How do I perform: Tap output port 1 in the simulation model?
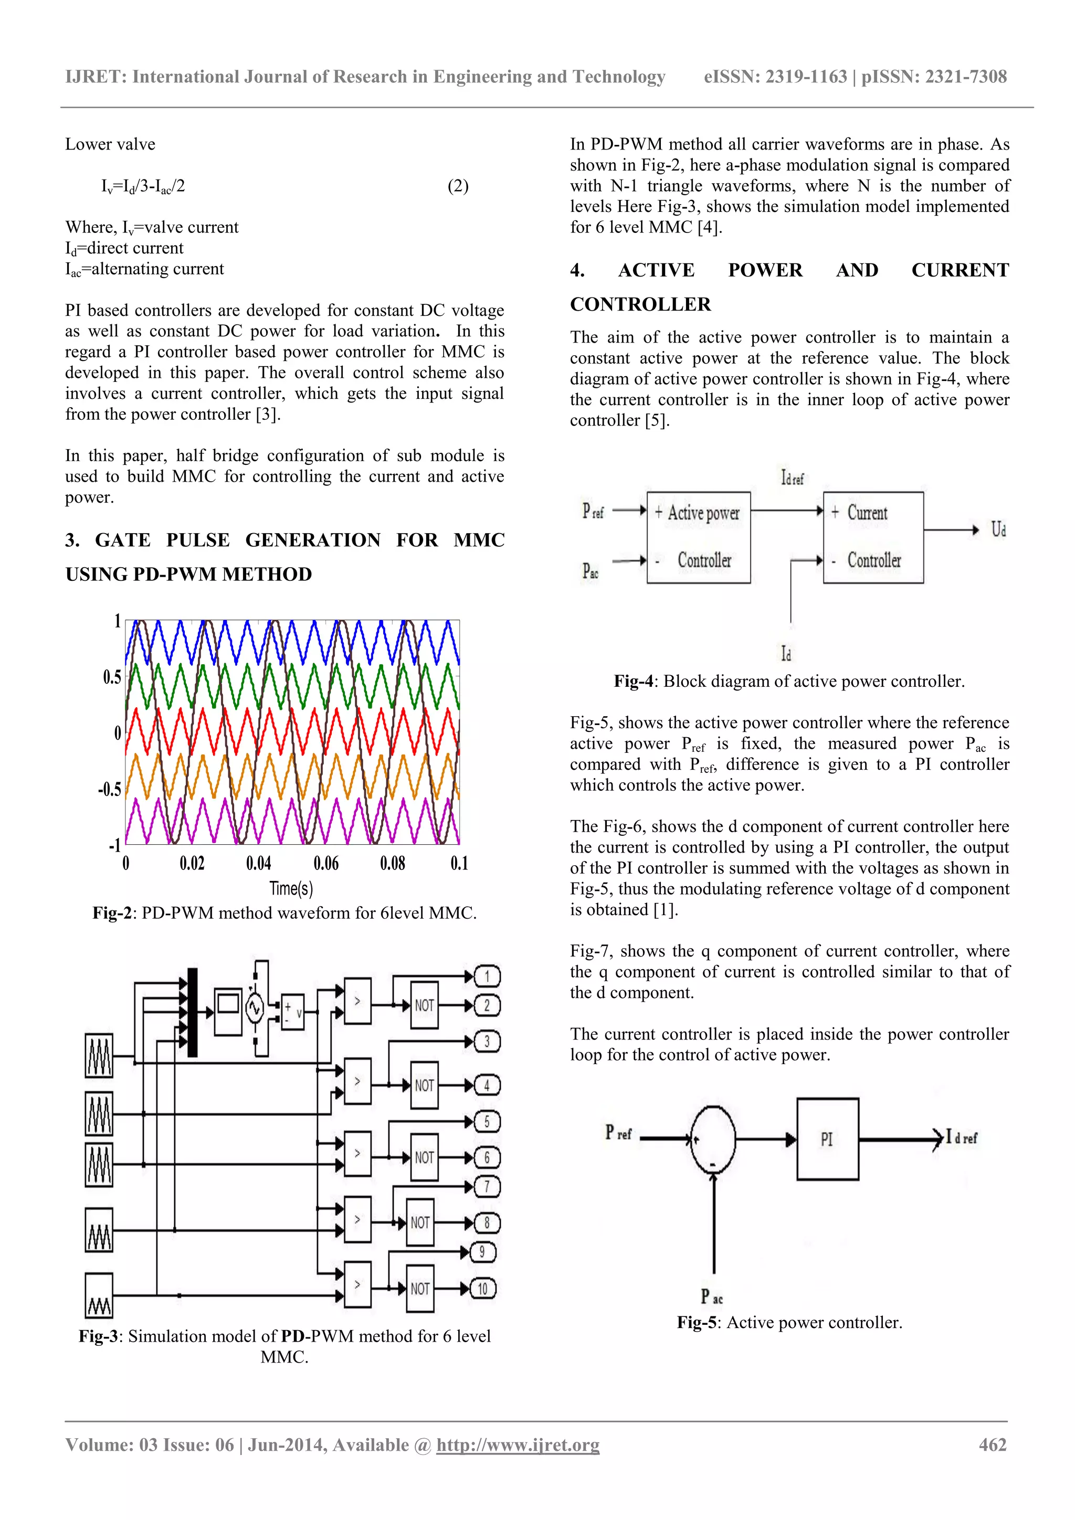487,976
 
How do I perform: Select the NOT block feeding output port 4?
424,1086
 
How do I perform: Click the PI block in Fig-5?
827,1139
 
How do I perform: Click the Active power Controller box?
698,537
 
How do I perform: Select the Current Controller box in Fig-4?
873,537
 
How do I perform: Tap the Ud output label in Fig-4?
998,529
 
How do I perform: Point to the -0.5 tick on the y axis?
110,789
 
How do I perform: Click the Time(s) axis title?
291,888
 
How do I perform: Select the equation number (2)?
458,186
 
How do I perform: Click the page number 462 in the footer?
992,1444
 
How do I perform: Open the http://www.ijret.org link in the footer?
518,1445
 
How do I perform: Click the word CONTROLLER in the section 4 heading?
640,304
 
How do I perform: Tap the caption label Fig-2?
114,913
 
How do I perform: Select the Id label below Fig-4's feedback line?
786,654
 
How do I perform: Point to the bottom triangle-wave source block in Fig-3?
99,1295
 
